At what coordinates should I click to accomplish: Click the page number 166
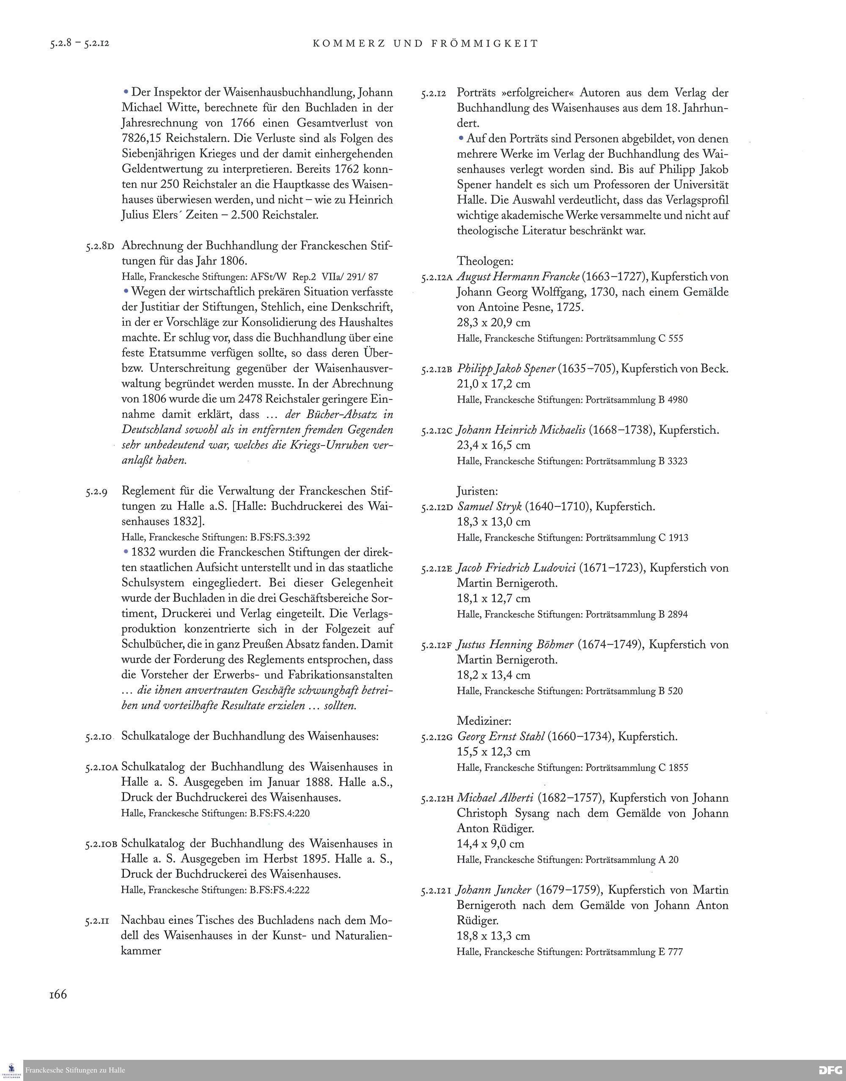58,994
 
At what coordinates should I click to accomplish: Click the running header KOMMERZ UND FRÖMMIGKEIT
426,44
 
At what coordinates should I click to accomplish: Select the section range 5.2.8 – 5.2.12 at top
79,44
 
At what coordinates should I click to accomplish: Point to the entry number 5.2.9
96,492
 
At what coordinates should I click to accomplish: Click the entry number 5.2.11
97,921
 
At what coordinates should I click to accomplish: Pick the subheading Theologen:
485,261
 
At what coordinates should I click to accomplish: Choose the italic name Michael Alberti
495,798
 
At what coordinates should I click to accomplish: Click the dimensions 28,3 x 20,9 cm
493,322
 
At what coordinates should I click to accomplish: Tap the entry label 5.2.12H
437,799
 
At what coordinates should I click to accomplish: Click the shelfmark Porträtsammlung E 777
634,952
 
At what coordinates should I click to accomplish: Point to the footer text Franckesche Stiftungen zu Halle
75,1070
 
